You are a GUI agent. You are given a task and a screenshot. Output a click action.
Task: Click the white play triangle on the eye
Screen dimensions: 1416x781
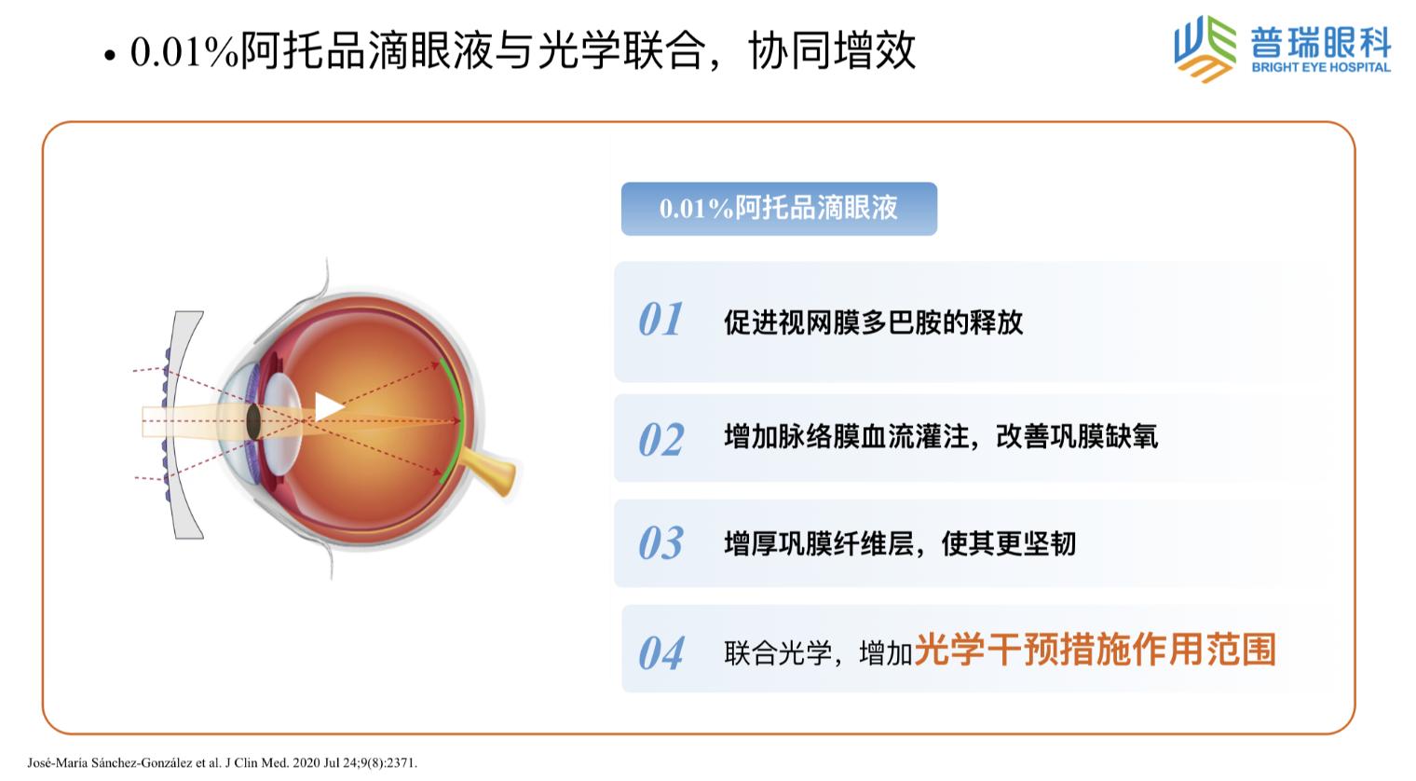327,406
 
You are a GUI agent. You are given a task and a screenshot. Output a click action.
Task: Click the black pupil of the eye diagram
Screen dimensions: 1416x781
253,422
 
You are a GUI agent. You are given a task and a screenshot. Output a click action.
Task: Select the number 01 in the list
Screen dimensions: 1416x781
660,319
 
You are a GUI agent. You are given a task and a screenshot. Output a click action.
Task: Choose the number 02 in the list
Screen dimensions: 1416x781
661,439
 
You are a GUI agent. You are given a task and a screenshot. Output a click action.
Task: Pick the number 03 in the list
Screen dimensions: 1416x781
660,543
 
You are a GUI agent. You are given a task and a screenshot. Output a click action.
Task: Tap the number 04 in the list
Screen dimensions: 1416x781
660,652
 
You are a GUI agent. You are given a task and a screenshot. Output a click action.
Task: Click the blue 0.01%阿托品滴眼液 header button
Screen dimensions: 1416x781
779,209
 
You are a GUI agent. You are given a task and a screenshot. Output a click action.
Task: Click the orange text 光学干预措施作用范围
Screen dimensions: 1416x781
1095,650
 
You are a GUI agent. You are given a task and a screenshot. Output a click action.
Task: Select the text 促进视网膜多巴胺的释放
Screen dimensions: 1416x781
873,322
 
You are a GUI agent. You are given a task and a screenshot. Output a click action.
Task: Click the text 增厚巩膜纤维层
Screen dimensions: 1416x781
819,543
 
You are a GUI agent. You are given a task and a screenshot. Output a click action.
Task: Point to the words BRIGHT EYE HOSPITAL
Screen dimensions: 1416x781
1321,67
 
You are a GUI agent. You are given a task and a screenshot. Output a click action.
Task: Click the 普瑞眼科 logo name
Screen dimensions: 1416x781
1321,42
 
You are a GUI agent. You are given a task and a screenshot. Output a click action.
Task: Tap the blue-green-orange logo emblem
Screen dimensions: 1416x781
1205,49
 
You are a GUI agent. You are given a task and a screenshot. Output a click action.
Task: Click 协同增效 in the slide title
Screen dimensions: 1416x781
832,50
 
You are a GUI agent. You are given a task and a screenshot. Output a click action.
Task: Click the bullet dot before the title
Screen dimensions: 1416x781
110,56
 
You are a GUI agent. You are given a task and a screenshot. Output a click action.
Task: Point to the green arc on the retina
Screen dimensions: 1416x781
456,420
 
